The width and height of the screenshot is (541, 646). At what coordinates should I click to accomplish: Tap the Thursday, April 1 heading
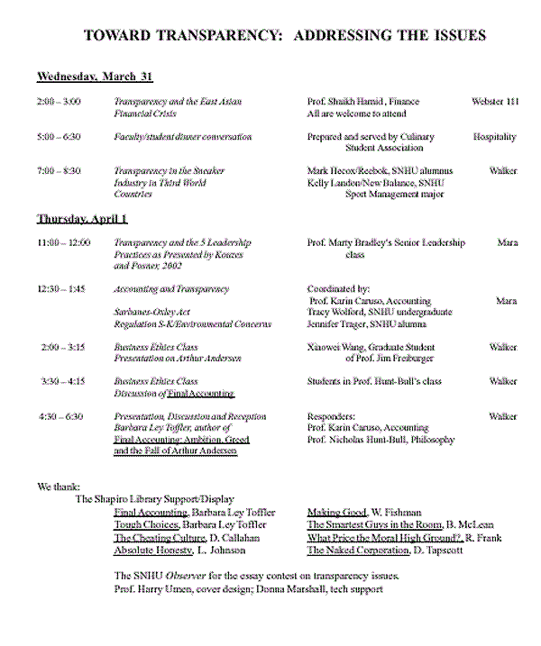coord(82,219)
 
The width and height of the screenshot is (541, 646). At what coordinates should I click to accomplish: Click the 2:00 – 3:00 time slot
coord(59,102)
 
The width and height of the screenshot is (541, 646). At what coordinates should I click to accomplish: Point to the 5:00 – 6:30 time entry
coord(59,137)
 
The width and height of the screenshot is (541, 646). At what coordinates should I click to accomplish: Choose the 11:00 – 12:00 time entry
coord(63,242)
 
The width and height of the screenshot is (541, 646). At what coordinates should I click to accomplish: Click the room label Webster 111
coord(495,102)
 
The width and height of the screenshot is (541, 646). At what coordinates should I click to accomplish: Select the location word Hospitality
coord(495,137)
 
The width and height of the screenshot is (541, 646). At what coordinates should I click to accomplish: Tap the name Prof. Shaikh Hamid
coord(347,102)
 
